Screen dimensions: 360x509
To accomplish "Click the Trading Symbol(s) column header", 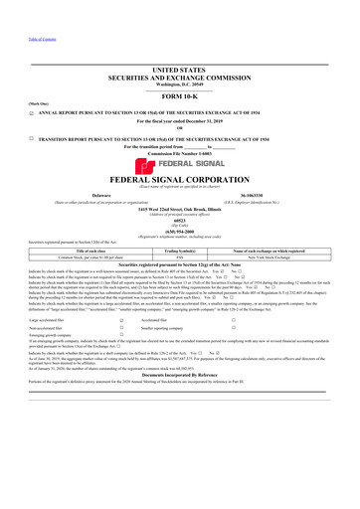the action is click(x=179, y=277).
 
